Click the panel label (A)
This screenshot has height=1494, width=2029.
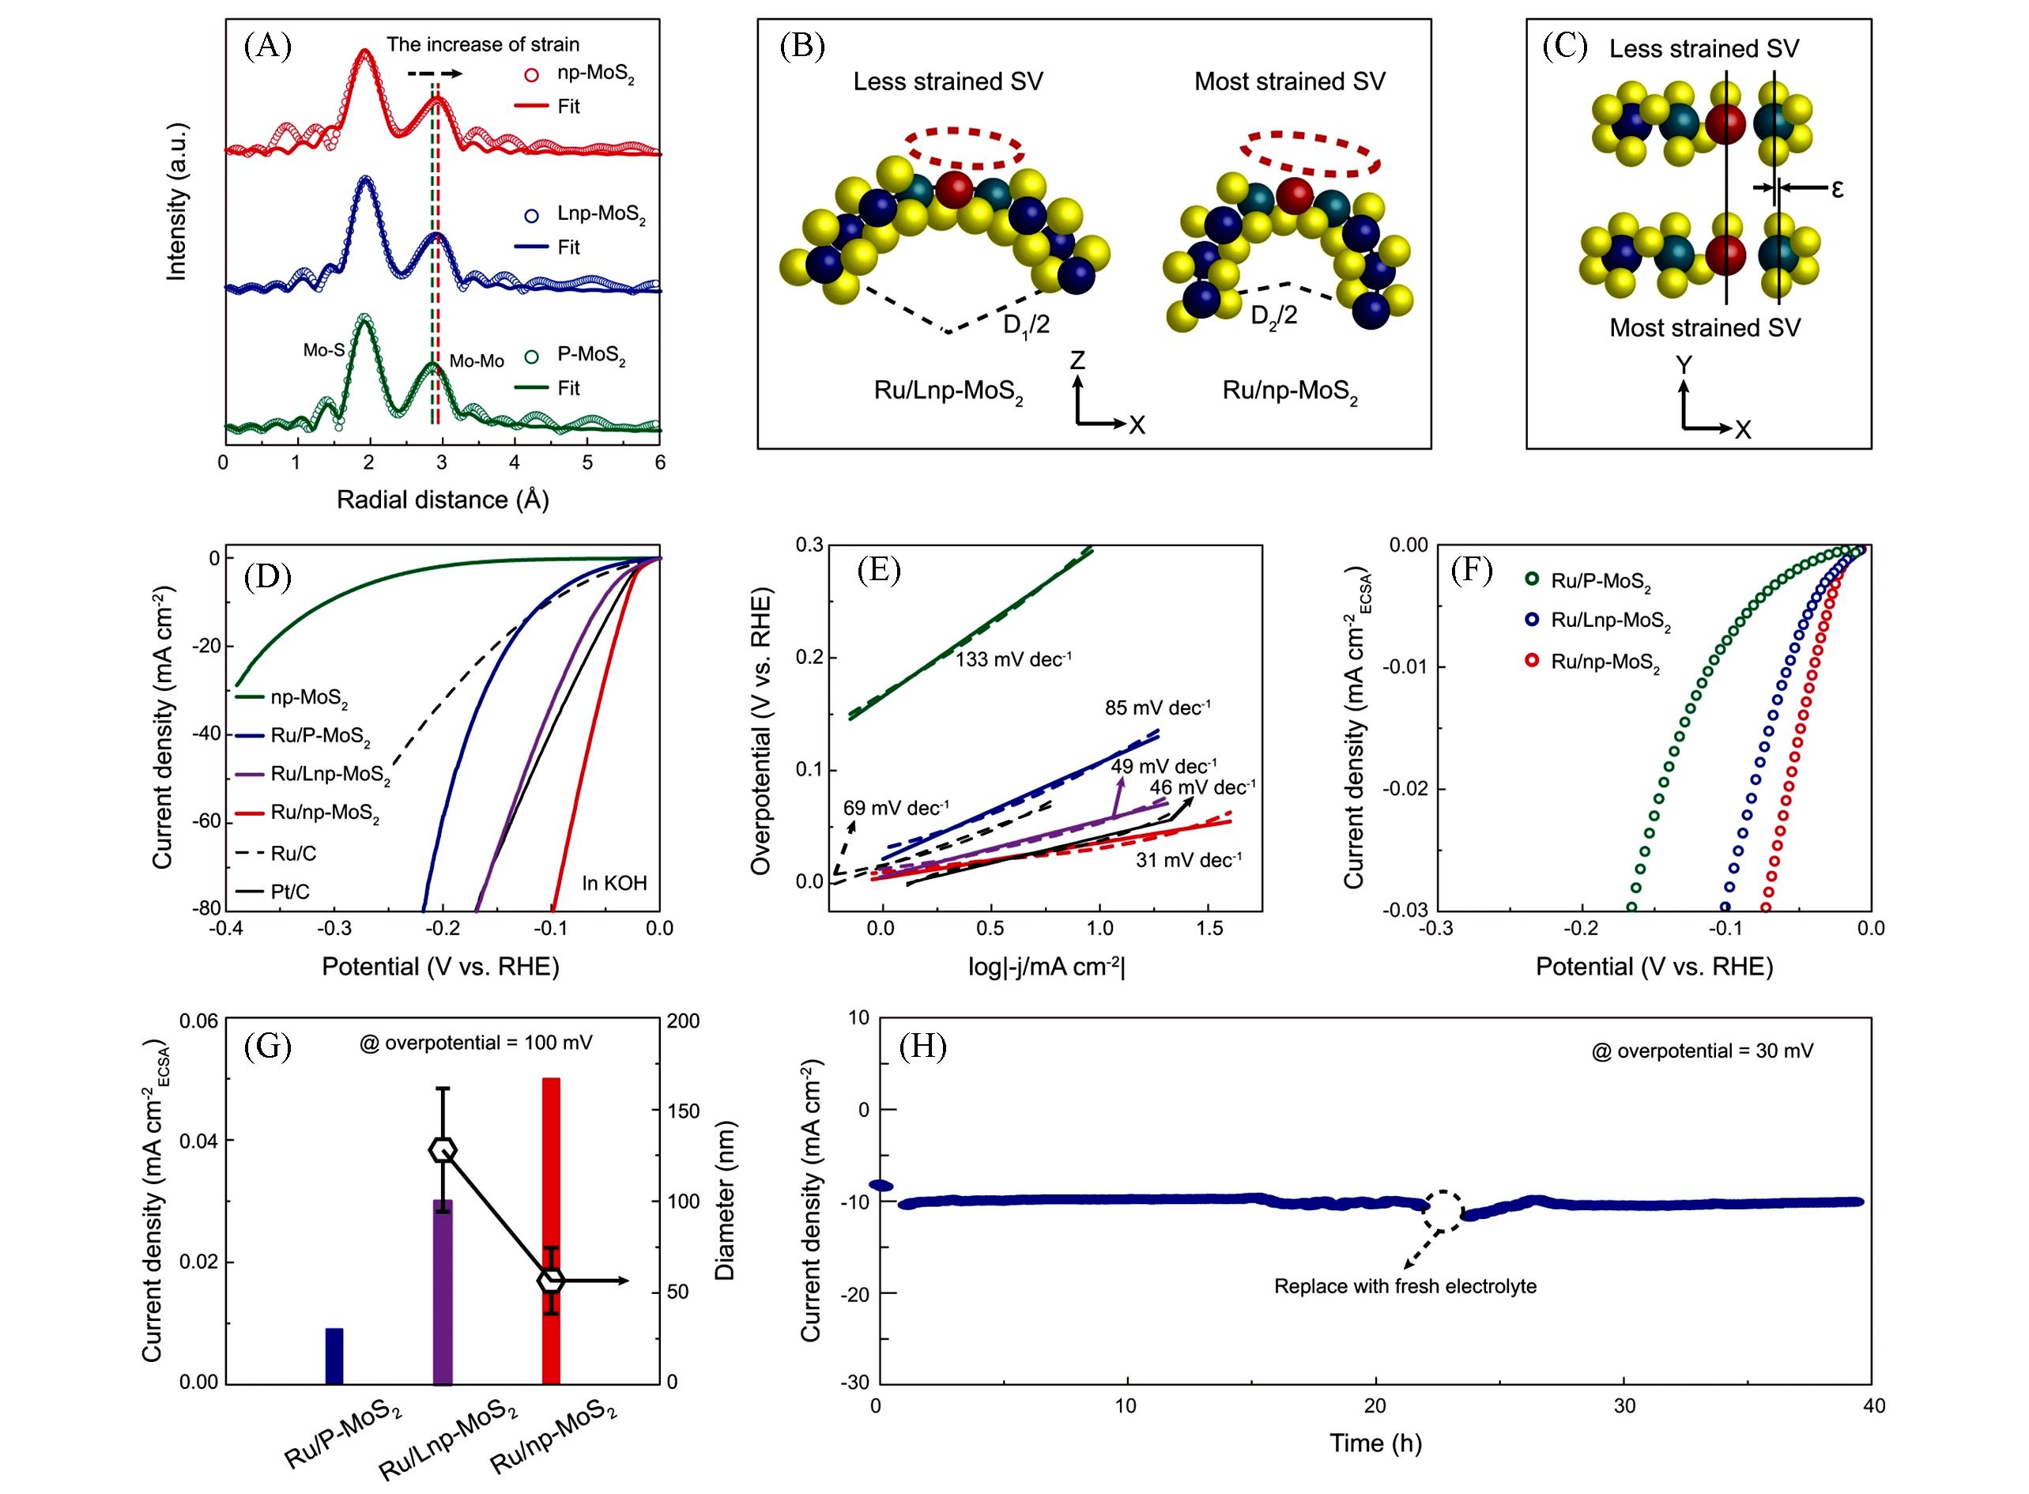(268, 45)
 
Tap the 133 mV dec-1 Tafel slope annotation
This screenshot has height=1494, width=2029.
(1013, 659)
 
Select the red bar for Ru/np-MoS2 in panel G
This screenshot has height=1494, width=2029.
(551, 1230)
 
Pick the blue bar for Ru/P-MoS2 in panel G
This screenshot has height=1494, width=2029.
(334, 1356)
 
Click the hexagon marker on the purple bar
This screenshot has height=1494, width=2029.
(442, 1149)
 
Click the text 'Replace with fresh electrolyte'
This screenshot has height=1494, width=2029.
(1405, 1286)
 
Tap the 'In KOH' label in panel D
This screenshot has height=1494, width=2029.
(614, 883)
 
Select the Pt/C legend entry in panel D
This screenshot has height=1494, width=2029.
(289, 892)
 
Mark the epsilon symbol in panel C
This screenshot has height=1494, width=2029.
(1837, 189)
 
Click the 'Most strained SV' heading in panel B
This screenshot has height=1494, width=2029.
(1289, 81)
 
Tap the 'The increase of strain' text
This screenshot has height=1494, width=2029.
(483, 44)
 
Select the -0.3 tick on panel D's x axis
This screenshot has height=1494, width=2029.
(334, 928)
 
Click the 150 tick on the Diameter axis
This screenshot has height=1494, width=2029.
(683, 1111)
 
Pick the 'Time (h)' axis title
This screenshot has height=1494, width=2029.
(1375, 1443)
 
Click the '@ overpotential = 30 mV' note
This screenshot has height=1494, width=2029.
(1702, 1051)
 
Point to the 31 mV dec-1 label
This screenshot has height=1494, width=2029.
(1188, 860)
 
